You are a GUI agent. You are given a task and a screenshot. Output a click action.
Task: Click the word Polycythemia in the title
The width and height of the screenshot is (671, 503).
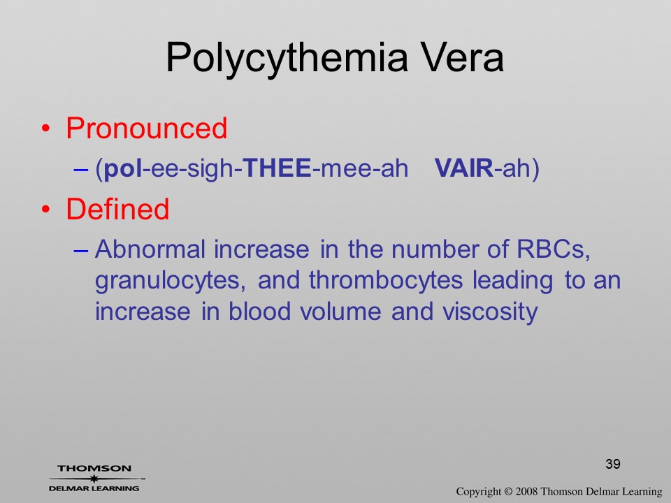click(287, 59)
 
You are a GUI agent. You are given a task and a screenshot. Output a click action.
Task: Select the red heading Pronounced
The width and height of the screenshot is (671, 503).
click(146, 128)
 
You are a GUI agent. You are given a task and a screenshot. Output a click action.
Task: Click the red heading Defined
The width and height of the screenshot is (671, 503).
click(117, 209)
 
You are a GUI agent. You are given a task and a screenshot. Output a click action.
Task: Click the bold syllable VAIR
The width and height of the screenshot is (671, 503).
click(464, 168)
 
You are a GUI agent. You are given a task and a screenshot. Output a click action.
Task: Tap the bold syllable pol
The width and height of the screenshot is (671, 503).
click(123, 168)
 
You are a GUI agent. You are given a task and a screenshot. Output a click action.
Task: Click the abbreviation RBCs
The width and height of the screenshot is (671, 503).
click(554, 249)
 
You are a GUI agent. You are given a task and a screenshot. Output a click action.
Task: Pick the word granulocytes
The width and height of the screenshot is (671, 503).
click(171, 282)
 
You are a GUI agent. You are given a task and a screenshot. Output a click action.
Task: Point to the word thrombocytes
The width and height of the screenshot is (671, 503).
click(386, 281)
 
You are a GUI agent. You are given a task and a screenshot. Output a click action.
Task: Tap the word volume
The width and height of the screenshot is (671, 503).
click(340, 311)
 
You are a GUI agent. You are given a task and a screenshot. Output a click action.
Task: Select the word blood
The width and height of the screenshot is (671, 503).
click(259, 311)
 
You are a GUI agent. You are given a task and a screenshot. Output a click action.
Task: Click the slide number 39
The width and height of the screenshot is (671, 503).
click(613, 464)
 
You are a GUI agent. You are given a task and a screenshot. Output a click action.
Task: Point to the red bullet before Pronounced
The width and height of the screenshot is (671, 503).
click(46, 129)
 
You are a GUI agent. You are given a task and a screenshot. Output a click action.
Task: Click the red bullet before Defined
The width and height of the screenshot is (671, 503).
click(46, 209)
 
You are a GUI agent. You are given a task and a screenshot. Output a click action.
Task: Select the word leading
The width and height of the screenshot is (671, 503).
click(512, 282)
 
